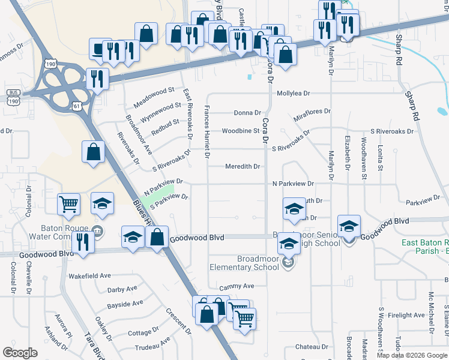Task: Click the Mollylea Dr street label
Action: pos(293,94)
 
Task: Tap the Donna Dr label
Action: pos(247,113)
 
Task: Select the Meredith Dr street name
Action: pos(243,167)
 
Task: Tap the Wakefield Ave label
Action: pos(89,276)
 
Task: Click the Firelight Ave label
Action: pos(406,315)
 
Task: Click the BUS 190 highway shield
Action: pos(12,97)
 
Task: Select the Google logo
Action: pos(20,353)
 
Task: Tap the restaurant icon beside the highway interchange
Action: pos(97,78)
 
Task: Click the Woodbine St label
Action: pos(240,131)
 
